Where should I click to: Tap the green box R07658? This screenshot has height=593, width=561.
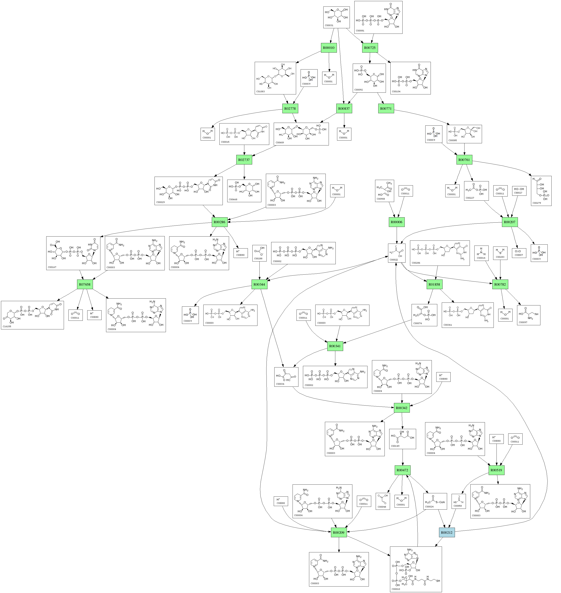(85, 284)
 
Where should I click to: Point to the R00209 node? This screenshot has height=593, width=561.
(339, 533)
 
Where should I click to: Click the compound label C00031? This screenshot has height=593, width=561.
(329, 26)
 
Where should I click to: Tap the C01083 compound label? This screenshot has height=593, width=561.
(260, 92)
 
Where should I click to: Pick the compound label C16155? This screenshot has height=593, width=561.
(7, 327)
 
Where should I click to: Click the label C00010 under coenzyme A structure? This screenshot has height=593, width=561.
(396, 589)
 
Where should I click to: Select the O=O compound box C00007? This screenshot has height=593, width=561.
(519, 253)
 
